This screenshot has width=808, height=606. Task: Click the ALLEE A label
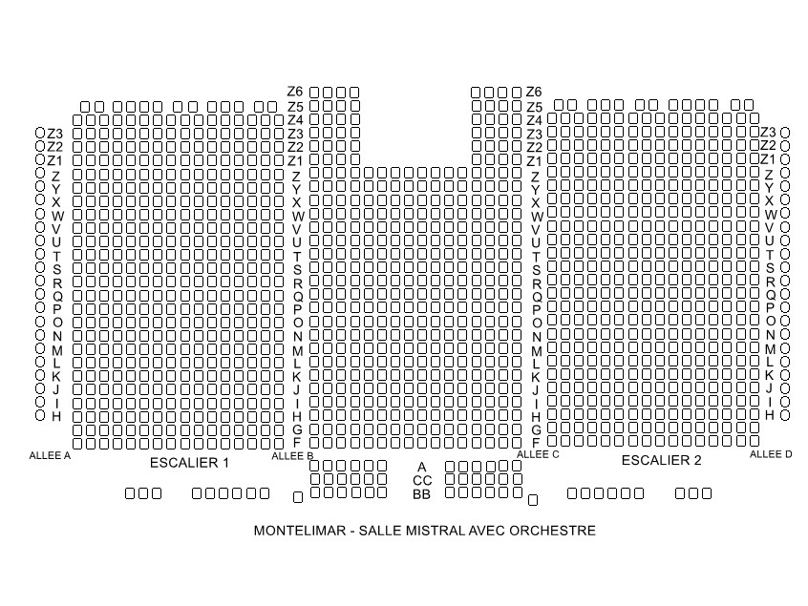tap(51, 455)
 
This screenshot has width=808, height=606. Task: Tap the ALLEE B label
tap(292, 456)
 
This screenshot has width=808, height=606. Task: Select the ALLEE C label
tap(538, 454)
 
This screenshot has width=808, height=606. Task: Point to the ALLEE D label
tap(771, 454)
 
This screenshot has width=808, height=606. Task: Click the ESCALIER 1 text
tap(190, 463)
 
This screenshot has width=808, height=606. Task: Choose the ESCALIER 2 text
tap(662, 461)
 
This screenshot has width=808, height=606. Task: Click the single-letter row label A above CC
tap(421, 467)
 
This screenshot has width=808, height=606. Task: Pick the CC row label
tap(421, 480)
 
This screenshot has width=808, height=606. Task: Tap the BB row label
tap(421, 494)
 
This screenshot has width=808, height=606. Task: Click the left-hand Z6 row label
tap(295, 92)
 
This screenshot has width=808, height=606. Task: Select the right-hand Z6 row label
tap(534, 92)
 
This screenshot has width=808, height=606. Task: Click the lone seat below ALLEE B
tap(298, 497)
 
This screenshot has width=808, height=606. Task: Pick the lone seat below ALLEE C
tap(533, 500)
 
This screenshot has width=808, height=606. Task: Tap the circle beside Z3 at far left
tap(40, 134)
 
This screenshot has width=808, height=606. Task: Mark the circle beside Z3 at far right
tap(785, 133)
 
